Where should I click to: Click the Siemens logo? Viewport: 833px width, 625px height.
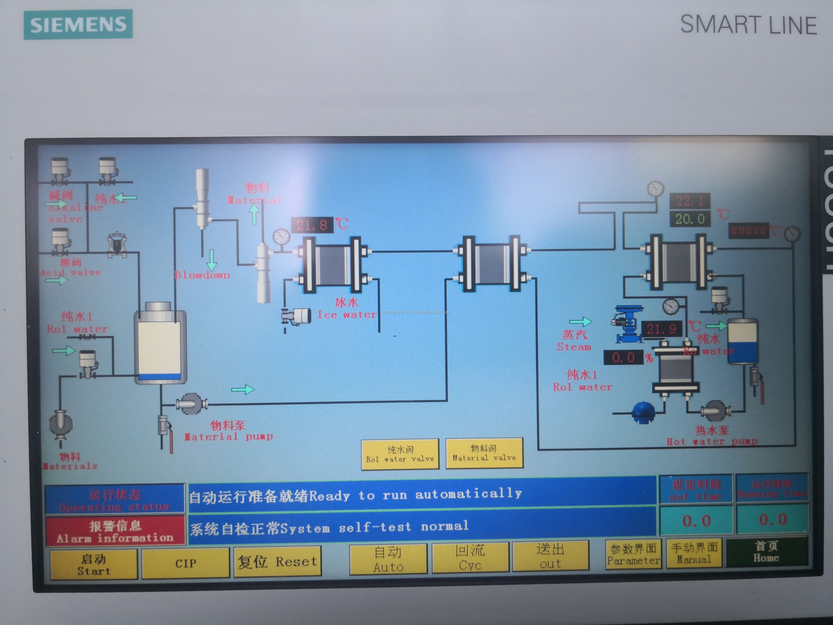click(78, 25)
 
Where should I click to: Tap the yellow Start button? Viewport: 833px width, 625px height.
click(94, 564)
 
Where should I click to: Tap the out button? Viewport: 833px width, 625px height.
click(551, 556)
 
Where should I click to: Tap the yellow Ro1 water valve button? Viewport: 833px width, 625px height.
click(400, 454)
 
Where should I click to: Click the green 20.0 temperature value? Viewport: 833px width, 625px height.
click(690, 219)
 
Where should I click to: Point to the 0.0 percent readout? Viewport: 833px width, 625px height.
click(623, 357)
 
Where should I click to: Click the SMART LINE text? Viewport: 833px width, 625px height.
click(748, 25)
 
